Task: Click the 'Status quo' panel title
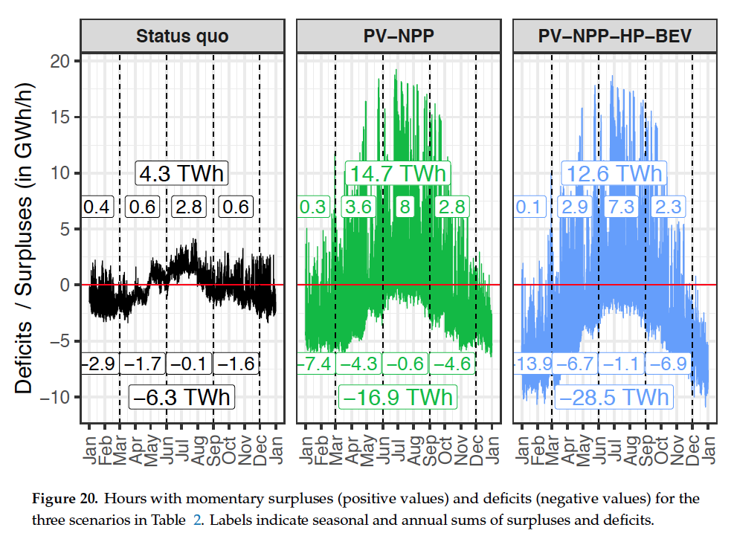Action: (x=182, y=36)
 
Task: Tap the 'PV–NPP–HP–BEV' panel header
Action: (x=614, y=36)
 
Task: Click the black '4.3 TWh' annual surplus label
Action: (x=181, y=173)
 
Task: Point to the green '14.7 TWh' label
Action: (x=398, y=174)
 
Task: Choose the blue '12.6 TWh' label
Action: (x=614, y=174)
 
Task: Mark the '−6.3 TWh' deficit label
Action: (x=182, y=396)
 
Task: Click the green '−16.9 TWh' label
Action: (x=398, y=397)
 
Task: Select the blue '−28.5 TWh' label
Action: (x=614, y=397)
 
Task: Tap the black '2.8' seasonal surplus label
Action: (x=189, y=207)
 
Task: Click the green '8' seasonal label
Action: (x=405, y=207)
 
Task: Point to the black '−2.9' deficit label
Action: (x=97, y=364)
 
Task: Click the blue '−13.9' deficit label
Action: (x=532, y=364)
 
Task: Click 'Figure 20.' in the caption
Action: (x=62, y=497)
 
